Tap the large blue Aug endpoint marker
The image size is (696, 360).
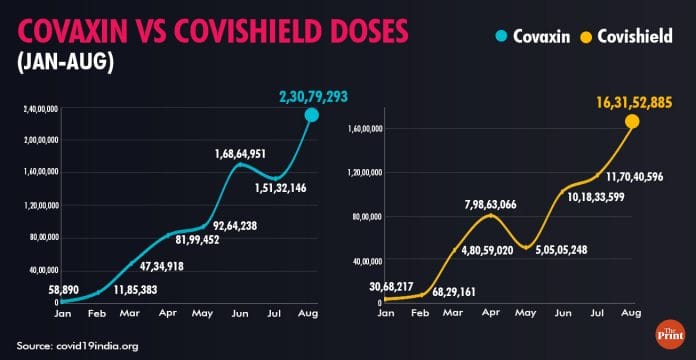312,115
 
